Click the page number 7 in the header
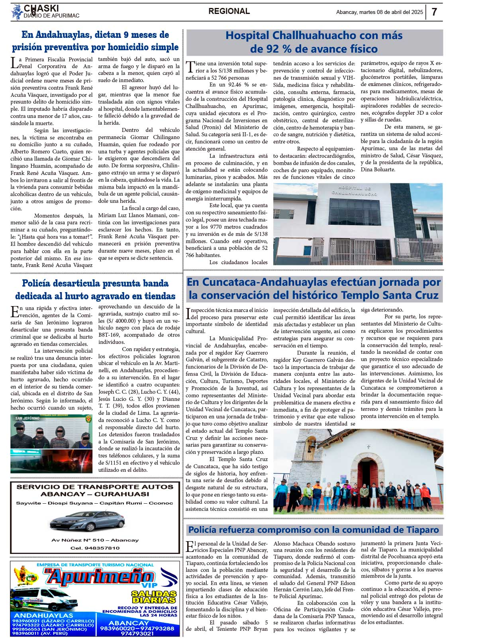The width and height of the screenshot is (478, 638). tap(434, 12)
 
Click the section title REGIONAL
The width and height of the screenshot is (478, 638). tap(229, 12)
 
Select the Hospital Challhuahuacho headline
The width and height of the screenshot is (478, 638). tap(314, 42)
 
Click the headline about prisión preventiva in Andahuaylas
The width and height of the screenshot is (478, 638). tap(95, 41)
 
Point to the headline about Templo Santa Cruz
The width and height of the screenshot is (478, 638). tap(314, 289)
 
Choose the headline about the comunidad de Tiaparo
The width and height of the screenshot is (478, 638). tap(313, 530)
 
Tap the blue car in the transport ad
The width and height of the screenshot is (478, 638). tap(87, 520)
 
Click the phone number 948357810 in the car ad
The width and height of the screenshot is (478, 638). tap(95, 548)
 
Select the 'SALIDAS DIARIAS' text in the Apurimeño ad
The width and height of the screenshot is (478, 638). tap(154, 597)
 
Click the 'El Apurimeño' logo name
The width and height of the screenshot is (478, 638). tap(99, 577)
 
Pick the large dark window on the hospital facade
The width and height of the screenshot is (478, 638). tap(354, 212)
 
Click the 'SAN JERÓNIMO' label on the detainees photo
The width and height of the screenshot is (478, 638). tap(27, 418)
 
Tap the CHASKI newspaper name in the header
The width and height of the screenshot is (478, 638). tap(41, 8)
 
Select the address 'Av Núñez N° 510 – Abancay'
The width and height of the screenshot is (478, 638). tap(95, 540)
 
